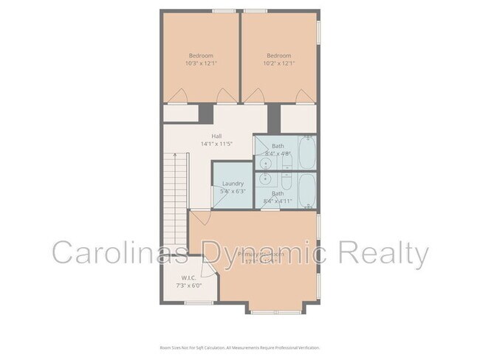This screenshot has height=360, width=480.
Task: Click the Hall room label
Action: [216, 136]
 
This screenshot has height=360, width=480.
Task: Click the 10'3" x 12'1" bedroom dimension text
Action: [201, 63]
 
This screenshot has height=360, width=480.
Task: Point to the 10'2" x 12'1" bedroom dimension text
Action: [279, 63]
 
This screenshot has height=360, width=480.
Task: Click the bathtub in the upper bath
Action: [307, 152]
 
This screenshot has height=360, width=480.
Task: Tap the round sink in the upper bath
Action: [264, 162]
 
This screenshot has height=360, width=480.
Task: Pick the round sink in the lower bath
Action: [264, 179]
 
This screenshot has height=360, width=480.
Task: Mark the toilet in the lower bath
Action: [285, 179]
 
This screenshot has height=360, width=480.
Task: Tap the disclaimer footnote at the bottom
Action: [239, 347]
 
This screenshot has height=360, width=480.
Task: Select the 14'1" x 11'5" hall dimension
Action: [216, 144]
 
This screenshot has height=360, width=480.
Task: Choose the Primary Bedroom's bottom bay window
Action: [276, 311]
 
